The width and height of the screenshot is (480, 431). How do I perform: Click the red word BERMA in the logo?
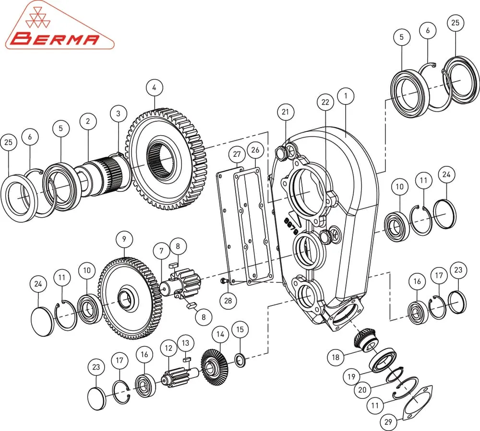57,39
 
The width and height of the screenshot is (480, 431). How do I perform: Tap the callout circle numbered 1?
346,96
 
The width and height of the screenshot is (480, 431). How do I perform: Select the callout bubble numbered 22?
325,102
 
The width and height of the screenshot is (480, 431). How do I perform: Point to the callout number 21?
285,112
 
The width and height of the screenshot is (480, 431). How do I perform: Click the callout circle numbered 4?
154,88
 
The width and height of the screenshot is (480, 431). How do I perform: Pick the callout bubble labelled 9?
124,239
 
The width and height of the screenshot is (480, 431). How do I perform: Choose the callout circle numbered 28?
228,301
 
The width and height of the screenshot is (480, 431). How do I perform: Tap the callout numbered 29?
388,422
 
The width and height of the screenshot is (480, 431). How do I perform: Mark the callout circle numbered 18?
336,357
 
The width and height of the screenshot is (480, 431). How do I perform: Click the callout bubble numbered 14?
220,335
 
